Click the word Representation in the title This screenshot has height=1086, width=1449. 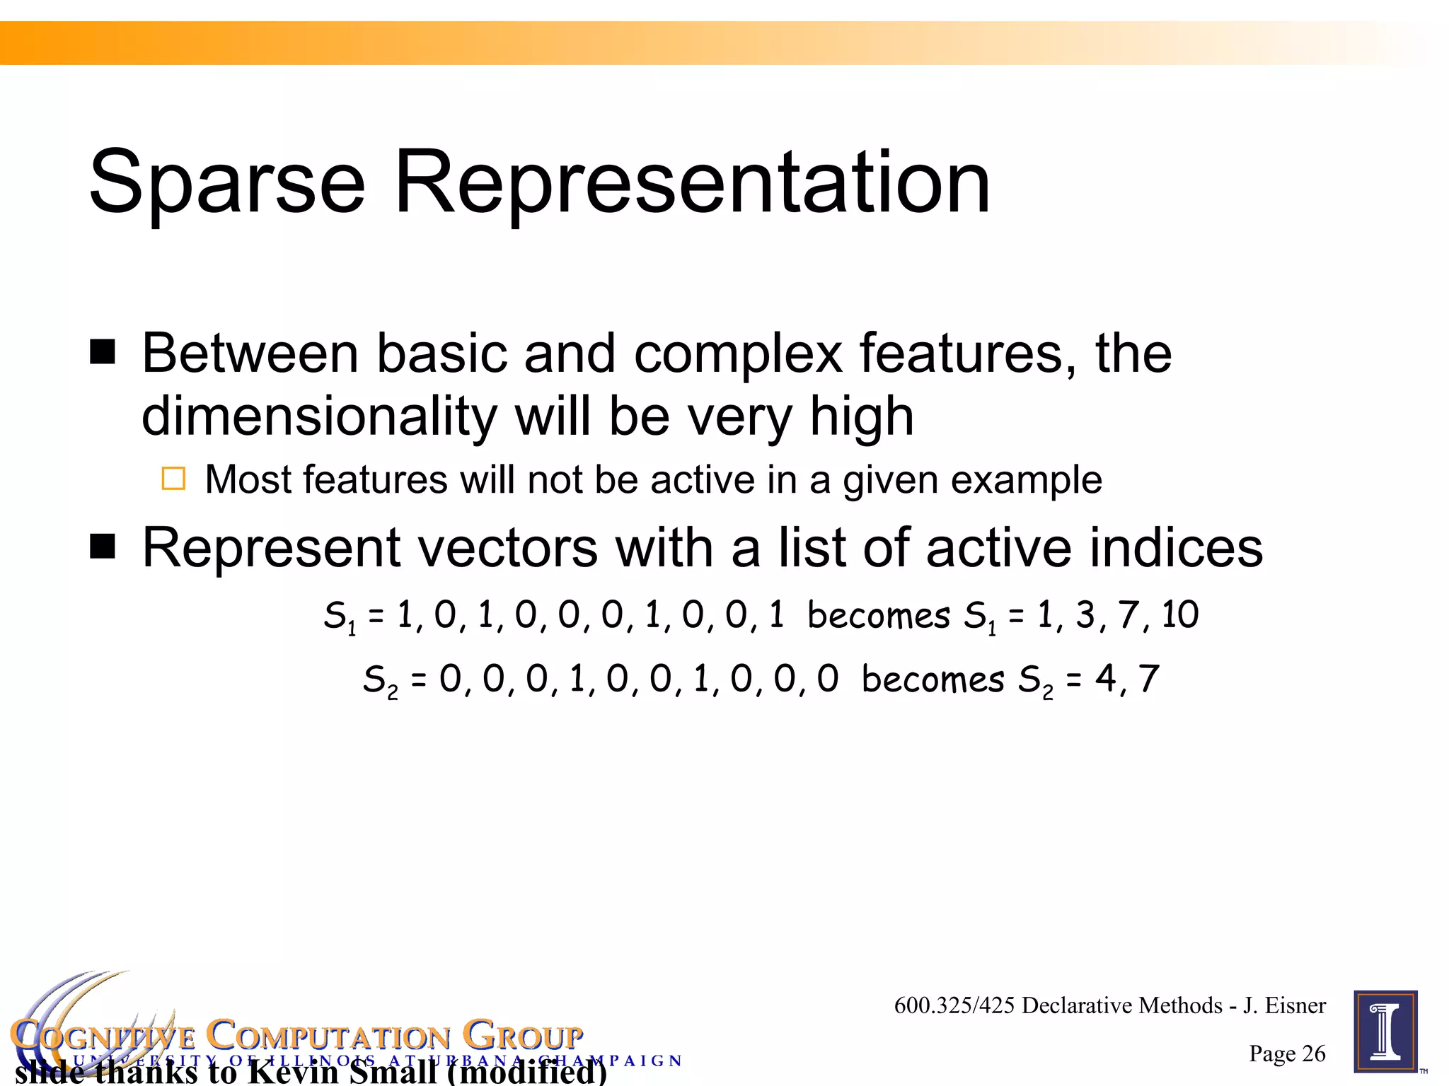[691, 182]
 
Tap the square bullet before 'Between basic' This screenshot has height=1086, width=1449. [103, 351]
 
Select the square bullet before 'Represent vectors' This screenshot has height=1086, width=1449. [103, 547]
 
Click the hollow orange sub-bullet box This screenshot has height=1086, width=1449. [173, 479]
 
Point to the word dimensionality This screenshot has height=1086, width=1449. [319, 416]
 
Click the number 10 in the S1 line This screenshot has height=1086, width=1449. [1179, 614]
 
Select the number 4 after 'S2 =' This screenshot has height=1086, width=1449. [1105, 678]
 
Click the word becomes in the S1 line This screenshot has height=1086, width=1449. [878, 615]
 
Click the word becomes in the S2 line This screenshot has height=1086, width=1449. [933, 679]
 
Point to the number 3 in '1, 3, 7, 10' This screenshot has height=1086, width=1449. [1085, 614]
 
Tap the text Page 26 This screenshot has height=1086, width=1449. [1287, 1053]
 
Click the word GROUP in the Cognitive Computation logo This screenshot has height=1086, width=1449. [524, 1037]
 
